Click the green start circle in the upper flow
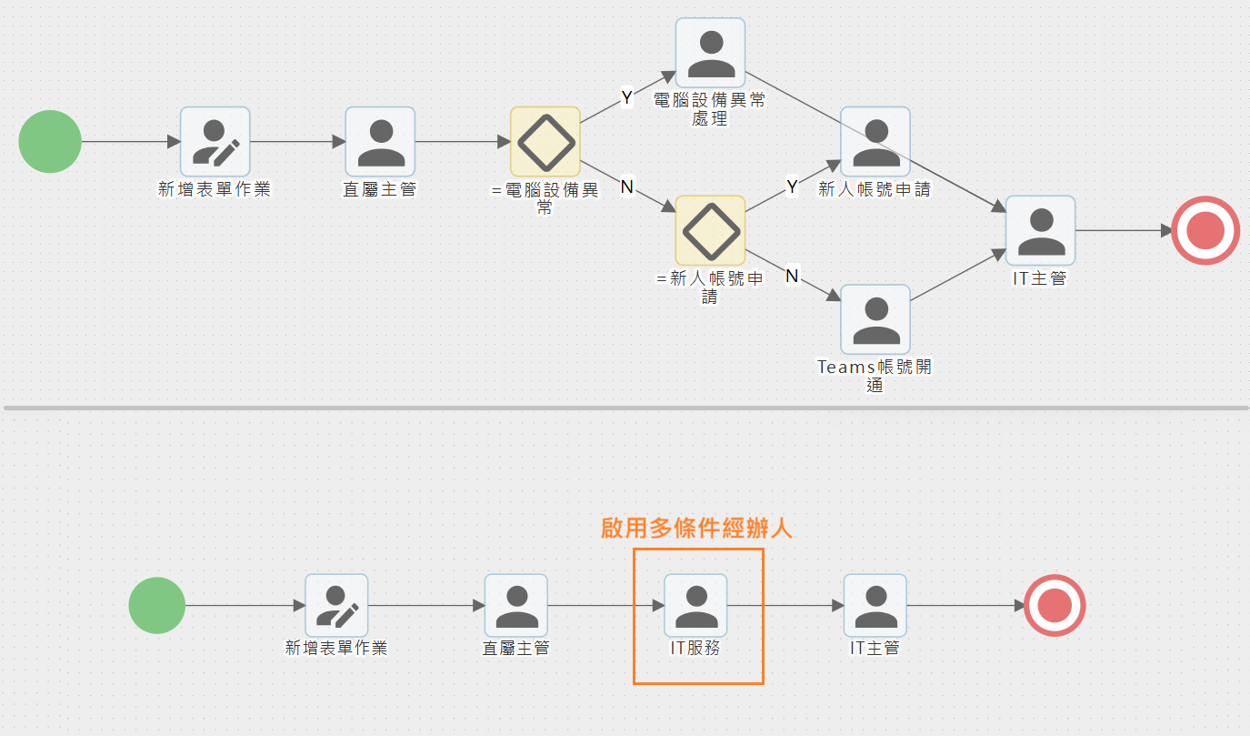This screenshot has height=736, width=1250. pos(50,141)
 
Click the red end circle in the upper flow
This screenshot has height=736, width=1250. pos(1205,230)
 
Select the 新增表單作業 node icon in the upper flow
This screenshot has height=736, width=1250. pos(215,142)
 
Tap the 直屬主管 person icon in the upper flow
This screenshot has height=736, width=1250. pos(380,142)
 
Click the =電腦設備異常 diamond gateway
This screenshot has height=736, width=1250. pos(545,142)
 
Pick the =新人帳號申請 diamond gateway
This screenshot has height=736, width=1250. pos(710,231)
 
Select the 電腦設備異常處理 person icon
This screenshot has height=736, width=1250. pos(710,53)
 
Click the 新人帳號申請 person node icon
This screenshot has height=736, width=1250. pos(875,142)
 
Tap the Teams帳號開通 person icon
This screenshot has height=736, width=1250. pos(875,319)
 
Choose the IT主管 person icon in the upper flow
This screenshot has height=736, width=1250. pos(1041,231)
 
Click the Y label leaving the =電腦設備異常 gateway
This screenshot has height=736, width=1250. pos(626,97)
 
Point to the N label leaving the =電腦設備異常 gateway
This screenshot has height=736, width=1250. pos(626,187)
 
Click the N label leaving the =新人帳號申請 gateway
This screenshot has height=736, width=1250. pos(792,276)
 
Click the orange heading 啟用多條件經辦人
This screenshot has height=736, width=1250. pos(696,529)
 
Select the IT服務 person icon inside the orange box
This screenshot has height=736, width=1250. pos(695,605)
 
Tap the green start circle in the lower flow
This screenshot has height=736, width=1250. pos(156,605)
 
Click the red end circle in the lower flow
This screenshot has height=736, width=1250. pos(1055,605)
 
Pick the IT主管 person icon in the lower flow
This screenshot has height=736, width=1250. pos(875,605)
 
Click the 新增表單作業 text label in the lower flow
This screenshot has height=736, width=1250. pos(336,648)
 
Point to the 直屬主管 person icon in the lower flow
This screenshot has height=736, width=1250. pos(516,605)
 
